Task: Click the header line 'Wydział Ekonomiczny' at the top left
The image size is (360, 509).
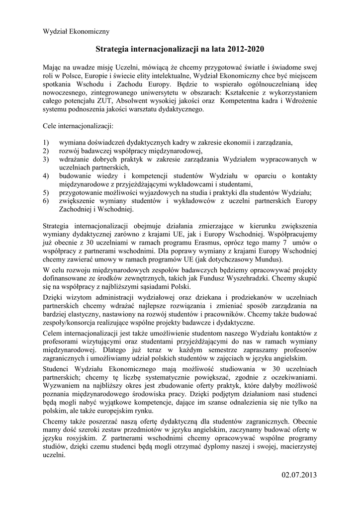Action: coord(76,31)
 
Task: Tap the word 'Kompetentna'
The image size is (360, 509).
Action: coord(238,101)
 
